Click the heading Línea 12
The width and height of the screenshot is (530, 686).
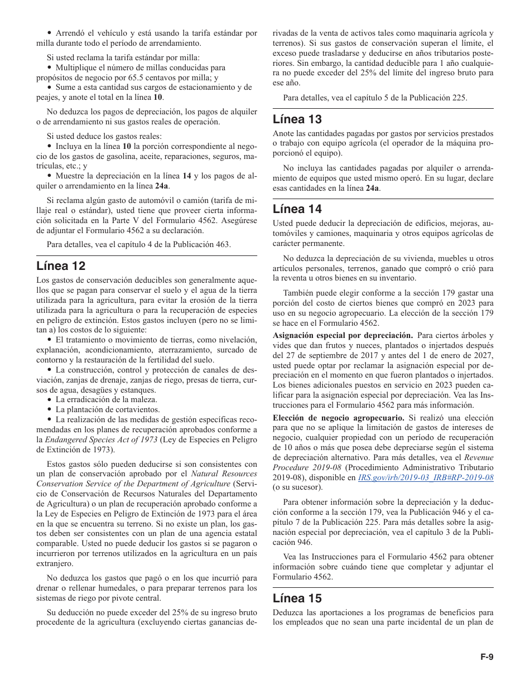61,265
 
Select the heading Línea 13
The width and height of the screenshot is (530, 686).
297,119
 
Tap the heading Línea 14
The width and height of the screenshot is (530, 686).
297,209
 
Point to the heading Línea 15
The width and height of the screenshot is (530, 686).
297,598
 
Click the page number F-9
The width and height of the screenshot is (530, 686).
487,657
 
